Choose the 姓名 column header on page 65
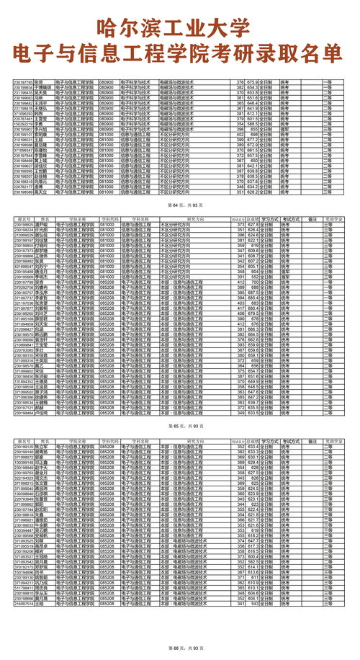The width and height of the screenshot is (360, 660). (45, 219)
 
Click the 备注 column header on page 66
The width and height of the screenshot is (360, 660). (312, 440)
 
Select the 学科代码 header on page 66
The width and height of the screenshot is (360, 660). (108, 440)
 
